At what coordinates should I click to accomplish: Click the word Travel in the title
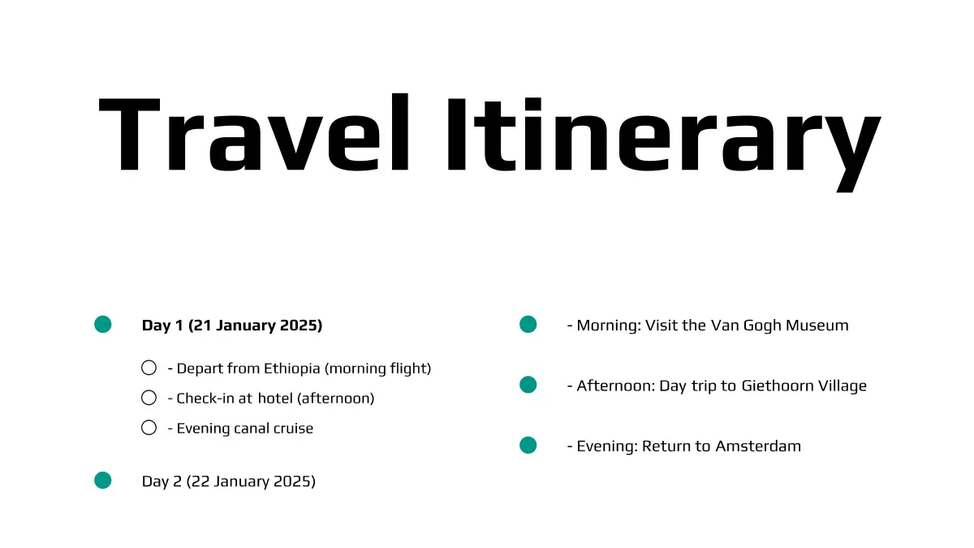coord(254,132)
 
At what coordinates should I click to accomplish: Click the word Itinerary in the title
coord(665,144)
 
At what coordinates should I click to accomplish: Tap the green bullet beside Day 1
coord(102,325)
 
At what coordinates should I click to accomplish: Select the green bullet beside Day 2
coord(102,481)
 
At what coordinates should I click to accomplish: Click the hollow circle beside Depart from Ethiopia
coord(149,368)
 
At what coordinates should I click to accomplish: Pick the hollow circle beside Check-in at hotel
coord(149,398)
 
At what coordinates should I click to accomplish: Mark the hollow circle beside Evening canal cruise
coord(149,428)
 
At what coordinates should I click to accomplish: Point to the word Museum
coord(817,326)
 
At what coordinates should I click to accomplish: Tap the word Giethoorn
coord(777,386)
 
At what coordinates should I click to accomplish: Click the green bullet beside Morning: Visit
coord(528,325)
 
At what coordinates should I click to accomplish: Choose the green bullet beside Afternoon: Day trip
coord(528,385)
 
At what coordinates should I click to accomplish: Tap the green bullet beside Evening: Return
coord(528,446)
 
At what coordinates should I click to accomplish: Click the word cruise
coord(293,429)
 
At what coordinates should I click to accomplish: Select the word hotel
coord(275,399)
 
